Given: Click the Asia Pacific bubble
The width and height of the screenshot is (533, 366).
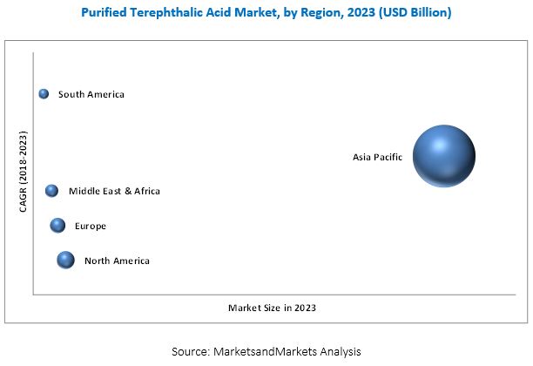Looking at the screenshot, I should coord(443,156).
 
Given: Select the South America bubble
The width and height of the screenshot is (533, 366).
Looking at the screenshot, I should coord(44,94).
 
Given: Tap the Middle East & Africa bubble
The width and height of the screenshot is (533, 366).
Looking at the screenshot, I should coord(51,191).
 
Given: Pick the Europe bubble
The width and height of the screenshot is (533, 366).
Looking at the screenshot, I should coord(57,226).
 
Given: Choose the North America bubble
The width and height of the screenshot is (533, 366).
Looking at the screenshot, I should coord(65,260).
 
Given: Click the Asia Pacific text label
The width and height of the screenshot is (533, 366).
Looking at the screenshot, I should coord(376,158).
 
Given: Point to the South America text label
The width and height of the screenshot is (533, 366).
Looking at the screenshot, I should coord(91,94).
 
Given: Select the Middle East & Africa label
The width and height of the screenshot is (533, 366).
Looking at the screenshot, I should coord(115,191).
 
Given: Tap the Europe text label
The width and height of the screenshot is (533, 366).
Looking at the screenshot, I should coord(91,227).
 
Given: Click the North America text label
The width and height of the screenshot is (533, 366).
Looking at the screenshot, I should coord(117,261).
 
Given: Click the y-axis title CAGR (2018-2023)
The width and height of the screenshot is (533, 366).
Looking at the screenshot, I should coord(24,172).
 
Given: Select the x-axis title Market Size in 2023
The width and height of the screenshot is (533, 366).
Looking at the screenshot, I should coord(272,308).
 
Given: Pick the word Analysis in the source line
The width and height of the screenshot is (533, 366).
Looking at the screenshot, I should coord(339,351).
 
